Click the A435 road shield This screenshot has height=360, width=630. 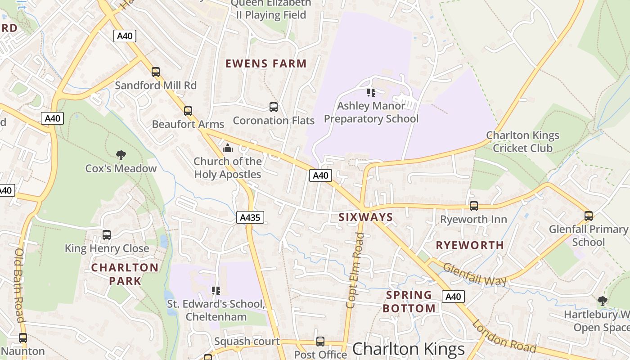coord(250,218)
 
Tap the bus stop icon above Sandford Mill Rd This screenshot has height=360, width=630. coord(156,72)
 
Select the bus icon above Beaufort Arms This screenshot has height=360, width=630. coord(188,111)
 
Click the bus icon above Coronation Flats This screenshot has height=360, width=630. coord(273,107)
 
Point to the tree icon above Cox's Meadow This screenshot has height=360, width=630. coord(121,156)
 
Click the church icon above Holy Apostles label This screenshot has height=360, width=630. coord(228,148)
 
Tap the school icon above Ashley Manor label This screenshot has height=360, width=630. coord(371,93)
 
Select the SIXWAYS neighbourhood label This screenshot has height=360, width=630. coord(365,217)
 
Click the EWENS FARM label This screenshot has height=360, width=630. coord(266,64)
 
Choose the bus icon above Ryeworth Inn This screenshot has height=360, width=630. coord(473,206)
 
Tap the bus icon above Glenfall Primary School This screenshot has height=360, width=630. coord(588,216)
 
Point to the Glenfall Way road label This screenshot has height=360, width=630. coord(475,275)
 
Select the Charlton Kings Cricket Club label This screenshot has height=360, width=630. coord(522,141)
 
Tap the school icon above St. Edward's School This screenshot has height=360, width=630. coord(216,291)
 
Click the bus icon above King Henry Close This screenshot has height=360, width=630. coord(107,235)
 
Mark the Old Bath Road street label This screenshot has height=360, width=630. coord(19,285)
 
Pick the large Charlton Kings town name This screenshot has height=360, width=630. coord(408,349)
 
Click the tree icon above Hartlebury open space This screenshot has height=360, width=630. coord(602,301)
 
